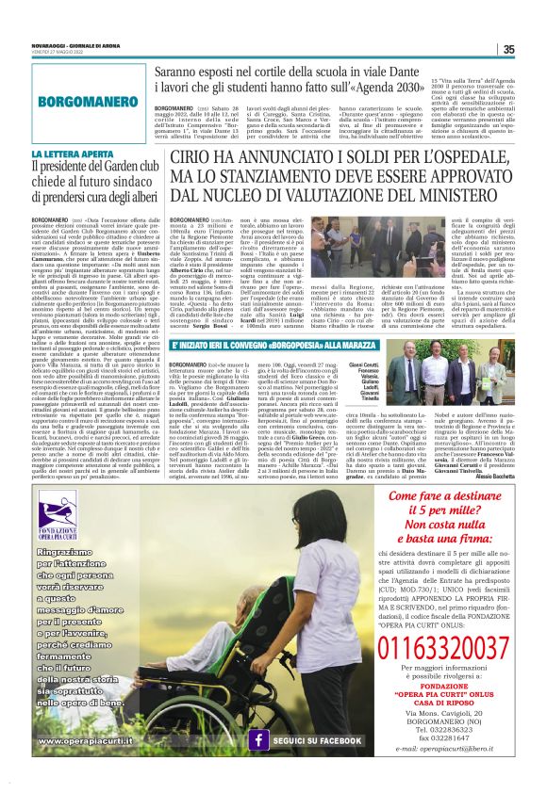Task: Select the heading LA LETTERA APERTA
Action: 64,154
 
